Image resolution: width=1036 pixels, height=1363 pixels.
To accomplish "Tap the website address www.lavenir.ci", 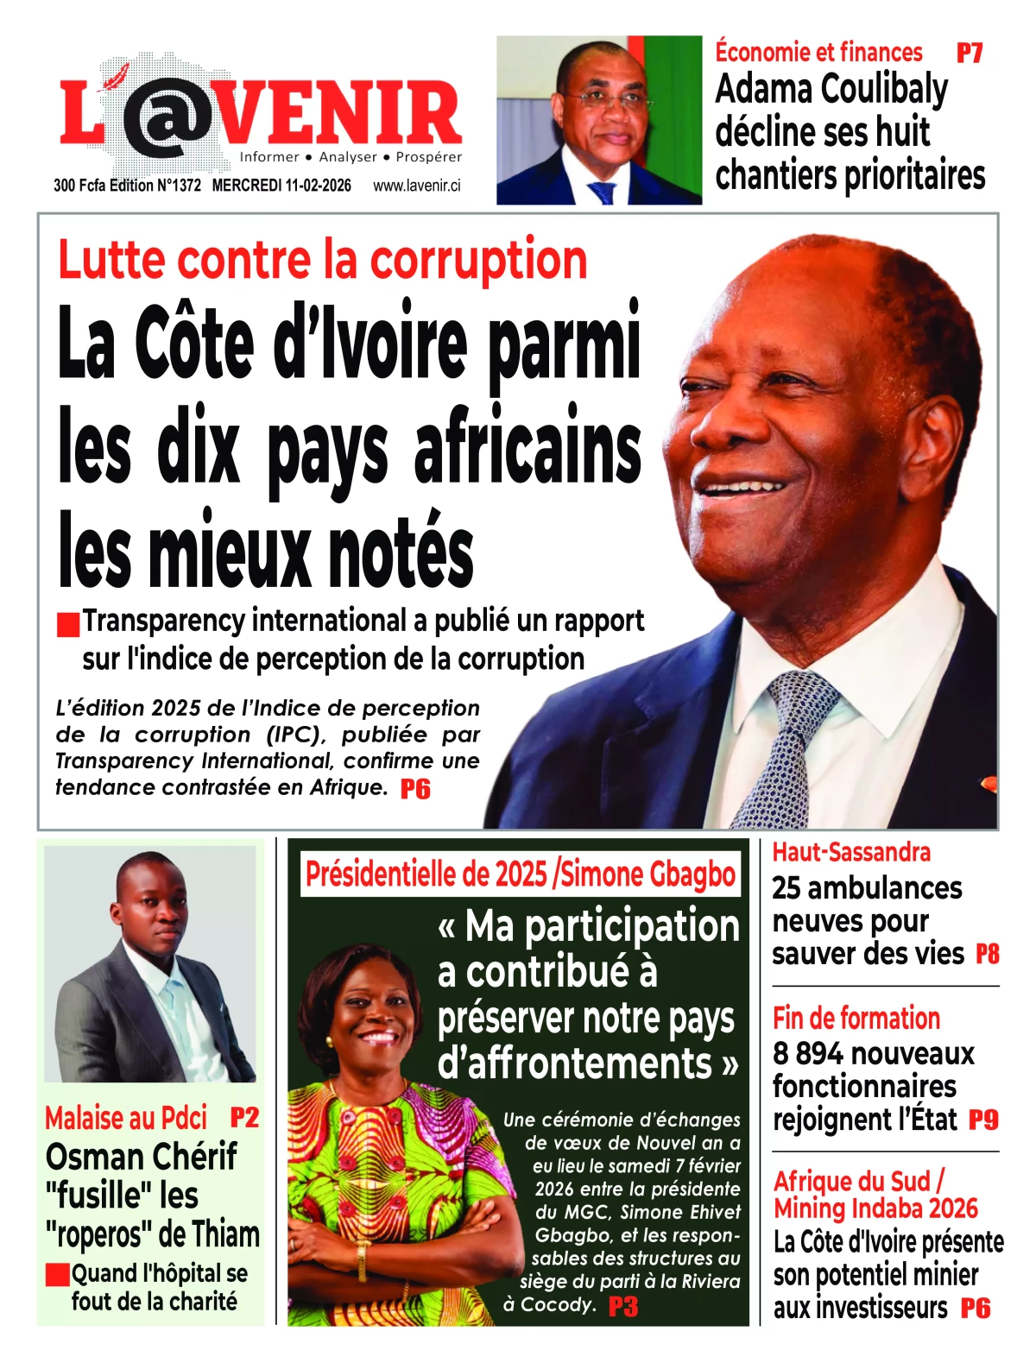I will [417, 186].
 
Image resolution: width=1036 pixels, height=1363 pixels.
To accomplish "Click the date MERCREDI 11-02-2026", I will [281, 186].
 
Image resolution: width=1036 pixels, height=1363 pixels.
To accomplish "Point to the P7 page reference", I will [970, 54].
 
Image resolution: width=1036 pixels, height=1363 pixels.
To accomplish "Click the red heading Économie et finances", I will [818, 53].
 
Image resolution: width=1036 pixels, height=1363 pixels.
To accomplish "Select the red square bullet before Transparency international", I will [68, 624].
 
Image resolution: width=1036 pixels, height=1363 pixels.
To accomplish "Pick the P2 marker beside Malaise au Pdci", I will [244, 1118].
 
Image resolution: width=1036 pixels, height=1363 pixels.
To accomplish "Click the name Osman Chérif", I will [142, 1157].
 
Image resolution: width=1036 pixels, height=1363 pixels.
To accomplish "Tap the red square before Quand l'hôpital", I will [58, 1275].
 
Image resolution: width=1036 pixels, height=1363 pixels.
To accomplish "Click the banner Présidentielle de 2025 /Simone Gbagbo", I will [521, 874].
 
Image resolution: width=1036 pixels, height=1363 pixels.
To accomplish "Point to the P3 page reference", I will [622, 1306].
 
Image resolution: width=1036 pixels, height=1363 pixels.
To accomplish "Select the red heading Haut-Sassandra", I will [851, 853].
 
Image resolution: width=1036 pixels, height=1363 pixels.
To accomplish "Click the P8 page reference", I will [987, 954].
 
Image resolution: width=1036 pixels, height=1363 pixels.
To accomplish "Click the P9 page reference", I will [983, 1120].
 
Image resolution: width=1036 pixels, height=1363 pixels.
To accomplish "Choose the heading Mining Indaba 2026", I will [875, 1208].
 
